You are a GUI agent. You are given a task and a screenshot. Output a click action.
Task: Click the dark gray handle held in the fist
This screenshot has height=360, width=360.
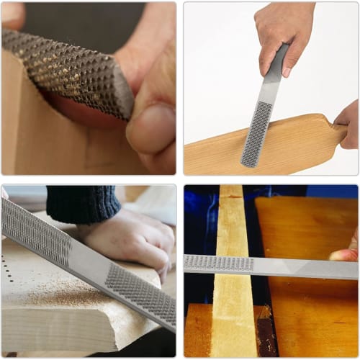pos(275,69)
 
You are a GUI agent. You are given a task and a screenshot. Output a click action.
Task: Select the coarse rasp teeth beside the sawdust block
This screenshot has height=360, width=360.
pos(140,291)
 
